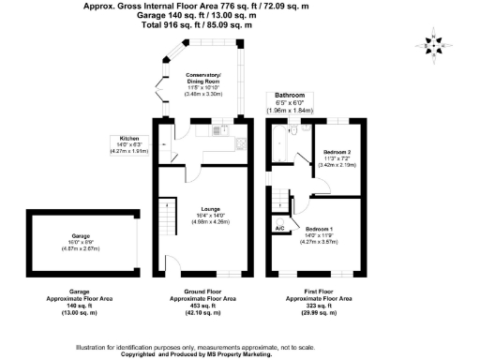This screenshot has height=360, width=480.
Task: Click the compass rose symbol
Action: point(432,46)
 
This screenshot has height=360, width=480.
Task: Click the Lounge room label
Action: point(210,209)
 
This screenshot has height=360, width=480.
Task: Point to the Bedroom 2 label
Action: point(337,151)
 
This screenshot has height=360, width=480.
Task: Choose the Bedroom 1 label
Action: point(319,228)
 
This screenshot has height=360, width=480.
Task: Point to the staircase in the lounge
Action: point(166,220)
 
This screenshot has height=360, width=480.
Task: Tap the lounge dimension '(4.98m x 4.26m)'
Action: point(210,222)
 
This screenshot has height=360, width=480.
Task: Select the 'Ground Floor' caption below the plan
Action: point(200,291)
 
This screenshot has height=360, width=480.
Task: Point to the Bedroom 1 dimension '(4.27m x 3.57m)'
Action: point(319,242)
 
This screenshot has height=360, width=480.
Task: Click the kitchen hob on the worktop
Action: point(241,143)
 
